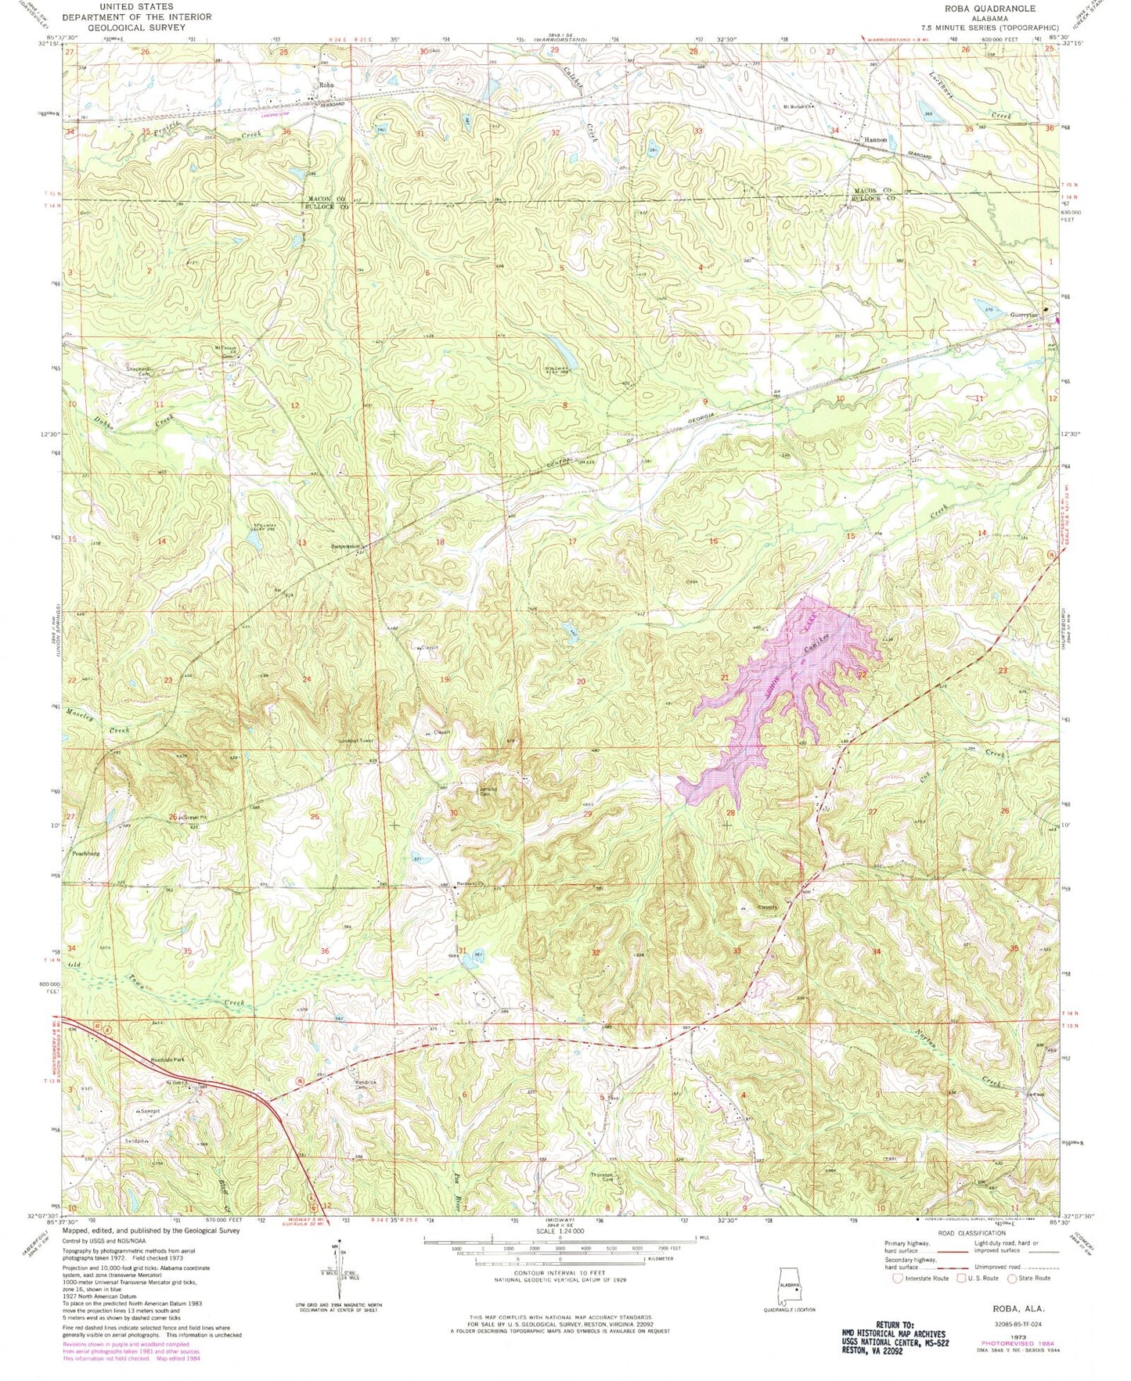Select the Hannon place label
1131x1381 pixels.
click(x=875, y=140)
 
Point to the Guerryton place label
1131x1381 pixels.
click(x=1024, y=315)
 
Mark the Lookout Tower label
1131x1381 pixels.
click(x=355, y=740)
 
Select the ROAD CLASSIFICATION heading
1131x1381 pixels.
click(x=956, y=1233)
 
